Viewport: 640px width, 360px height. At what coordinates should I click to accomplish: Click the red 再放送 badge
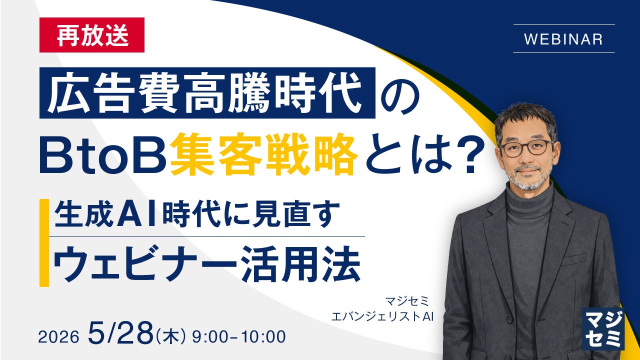[x=91, y=35]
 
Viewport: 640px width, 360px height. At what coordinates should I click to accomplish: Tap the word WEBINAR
[x=563, y=39]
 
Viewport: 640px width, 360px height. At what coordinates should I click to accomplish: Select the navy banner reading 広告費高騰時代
[x=207, y=93]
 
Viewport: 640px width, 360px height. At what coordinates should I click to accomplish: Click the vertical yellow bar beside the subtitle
[x=44, y=242]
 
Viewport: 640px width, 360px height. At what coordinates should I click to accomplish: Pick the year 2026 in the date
[x=58, y=337]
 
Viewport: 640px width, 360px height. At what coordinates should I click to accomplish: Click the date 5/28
[x=120, y=333]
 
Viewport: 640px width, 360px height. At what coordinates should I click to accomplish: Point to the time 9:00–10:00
[x=239, y=337]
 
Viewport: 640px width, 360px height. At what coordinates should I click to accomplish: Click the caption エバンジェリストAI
[x=382, y=316]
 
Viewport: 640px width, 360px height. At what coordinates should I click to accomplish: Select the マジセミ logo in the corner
[x=603, y=329]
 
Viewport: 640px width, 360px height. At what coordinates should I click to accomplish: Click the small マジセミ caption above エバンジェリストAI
[x=407, y=301]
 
